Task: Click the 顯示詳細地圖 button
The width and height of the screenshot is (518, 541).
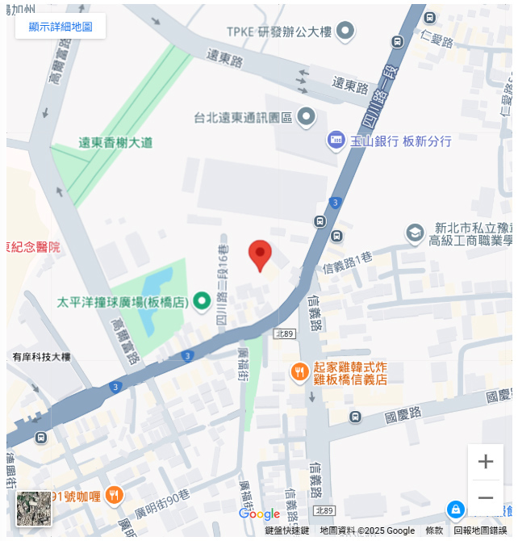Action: (x=61, y=27)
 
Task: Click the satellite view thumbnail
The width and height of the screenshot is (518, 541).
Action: (x=34, y=509)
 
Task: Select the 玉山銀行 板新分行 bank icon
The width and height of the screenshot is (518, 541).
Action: (x=336, y=140)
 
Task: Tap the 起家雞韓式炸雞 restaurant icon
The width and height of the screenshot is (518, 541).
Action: (x=299, y=372)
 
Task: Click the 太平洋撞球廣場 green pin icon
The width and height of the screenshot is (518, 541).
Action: (x=202, y=302)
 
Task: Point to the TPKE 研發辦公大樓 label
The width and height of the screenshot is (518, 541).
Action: (x=278, y=32)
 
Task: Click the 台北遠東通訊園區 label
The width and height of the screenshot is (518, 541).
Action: (x=242, y=118)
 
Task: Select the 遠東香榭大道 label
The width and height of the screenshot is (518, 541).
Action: (x=115, y=143)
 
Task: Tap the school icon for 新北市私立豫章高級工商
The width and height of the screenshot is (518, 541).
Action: (x=415, y=233)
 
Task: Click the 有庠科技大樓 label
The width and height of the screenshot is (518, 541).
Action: (x=42, y=357)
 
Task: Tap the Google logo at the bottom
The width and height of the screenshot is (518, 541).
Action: (x=259, y=514)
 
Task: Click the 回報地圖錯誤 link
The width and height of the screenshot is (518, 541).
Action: (x=480, y=531)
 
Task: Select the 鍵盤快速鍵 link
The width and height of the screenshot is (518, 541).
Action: (x=286, y=531)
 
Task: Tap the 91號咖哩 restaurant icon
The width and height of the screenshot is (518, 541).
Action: (x=115, y=495)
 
